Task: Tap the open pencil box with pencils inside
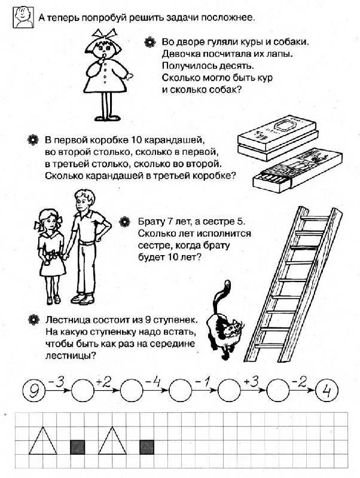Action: click(x=287, y=170)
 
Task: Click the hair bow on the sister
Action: click(x=41, y=226)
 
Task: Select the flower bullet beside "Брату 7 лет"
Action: click(x=125, y=222)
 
